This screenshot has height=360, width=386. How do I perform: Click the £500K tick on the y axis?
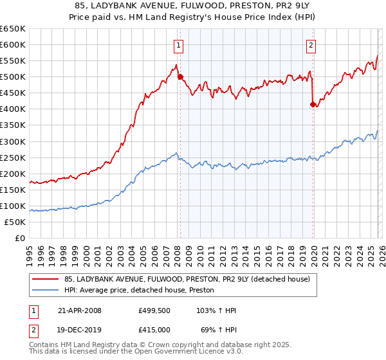point(12,76)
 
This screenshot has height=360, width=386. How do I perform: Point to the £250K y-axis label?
point(12,157)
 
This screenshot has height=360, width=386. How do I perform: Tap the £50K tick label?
point(15,222)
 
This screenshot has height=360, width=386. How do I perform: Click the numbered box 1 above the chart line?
point(177,45)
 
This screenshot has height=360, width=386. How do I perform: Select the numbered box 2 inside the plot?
point(311,45)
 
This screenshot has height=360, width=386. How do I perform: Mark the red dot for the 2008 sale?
point(180,76)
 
